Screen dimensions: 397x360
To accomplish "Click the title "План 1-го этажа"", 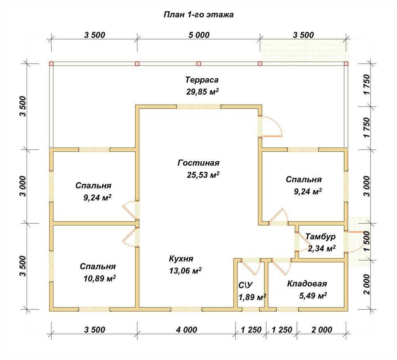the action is (x=198, y=15).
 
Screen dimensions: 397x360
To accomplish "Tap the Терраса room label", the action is (x=202, y=80).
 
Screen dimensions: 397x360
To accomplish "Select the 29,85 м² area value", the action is (x=202, y=91).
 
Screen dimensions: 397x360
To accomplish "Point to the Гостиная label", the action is (x=198, y=163).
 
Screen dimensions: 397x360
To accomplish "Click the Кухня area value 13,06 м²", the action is (x=185, y=271).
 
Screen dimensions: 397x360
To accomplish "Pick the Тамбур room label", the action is (x=320, y=236).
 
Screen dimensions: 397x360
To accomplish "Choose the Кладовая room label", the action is (x=307, y=284).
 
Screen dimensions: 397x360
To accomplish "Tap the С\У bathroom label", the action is (x=246, y=285).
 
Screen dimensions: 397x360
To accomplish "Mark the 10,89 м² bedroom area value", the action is (x=100, y=279).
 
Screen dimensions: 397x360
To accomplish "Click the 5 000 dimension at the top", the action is (x=199, y=35).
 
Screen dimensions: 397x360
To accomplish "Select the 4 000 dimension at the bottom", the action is (x=186, y=329).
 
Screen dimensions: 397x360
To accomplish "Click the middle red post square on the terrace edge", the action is (x=199, y=64).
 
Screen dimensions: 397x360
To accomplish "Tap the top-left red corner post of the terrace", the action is (x=51, y=64).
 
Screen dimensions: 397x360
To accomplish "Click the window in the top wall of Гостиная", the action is (x=199, y=106).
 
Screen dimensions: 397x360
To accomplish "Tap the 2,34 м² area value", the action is (x=322, y=248).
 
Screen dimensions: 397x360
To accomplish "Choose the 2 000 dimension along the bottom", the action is (x=322, y=329).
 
